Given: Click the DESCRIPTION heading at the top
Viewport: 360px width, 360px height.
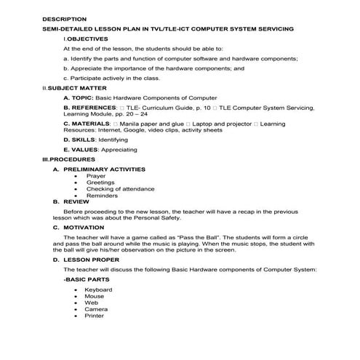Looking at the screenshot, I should point(64,19).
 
